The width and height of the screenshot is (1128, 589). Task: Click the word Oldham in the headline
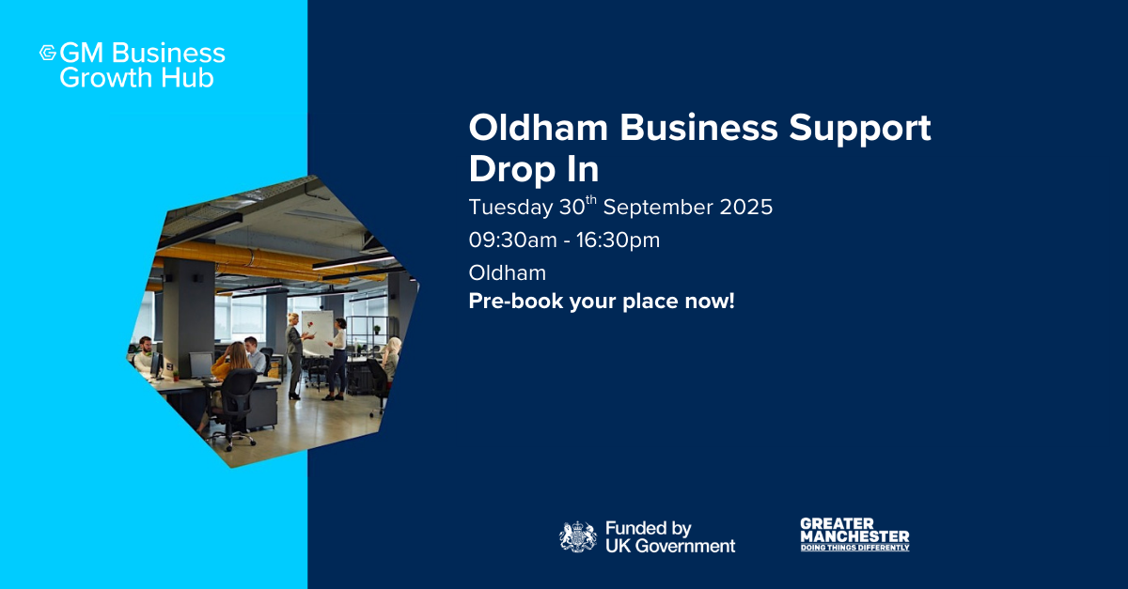point(539,128)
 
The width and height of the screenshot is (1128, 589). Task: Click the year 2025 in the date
point(745,208)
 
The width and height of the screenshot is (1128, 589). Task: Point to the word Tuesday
point(510,208)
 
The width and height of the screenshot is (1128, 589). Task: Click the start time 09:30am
point(512,240)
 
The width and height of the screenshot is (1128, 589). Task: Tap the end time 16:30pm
point(618,240)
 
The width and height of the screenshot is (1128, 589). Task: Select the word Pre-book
point(516,302)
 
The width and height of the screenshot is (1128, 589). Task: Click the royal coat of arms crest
point(578,536)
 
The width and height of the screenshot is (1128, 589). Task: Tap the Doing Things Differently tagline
point(855,548)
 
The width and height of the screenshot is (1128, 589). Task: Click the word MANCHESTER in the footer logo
point(855,536)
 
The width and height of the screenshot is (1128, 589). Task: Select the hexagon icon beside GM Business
point(48,53)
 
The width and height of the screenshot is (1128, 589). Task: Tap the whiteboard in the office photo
point(318,333)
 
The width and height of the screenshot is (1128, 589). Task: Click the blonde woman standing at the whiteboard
point(294,355)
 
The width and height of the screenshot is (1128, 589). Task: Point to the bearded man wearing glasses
point(145,353)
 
